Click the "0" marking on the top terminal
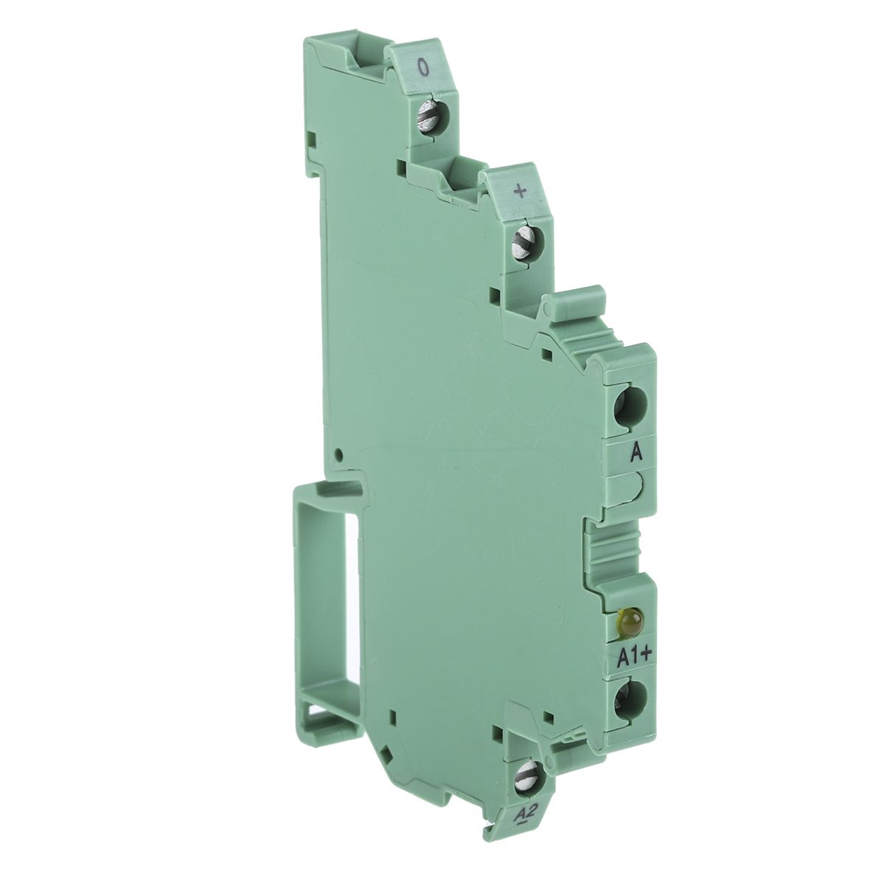click(424, 68)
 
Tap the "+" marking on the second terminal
click(521, 192)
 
